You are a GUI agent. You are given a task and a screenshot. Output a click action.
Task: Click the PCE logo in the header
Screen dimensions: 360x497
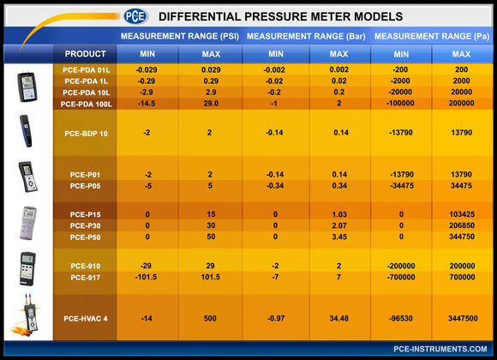(x=135, y=15)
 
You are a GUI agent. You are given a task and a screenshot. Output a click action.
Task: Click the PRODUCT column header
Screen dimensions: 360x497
(x=85, y=53)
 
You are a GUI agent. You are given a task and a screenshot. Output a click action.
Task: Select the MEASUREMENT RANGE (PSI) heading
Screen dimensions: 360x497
(x=180, y=37)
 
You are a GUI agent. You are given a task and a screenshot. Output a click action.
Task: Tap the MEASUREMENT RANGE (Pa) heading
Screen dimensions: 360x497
(x=432, y=37)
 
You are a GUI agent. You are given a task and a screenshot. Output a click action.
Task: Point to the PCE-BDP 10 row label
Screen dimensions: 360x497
(x=85, y=134)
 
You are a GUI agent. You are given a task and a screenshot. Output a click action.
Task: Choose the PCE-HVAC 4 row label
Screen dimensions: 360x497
(x=85, y=318)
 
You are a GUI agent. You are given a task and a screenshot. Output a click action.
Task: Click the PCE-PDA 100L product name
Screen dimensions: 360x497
(x=85, y=103)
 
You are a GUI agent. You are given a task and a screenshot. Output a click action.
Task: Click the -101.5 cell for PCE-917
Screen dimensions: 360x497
(x=147, y=277)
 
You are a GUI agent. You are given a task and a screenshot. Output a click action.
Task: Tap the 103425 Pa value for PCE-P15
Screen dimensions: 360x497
(x=461, y=214)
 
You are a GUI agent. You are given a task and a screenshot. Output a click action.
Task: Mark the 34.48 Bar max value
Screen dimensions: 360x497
(x=338, y=318)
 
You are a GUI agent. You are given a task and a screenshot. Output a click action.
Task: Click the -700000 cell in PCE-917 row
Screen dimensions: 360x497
(x=401, y=277)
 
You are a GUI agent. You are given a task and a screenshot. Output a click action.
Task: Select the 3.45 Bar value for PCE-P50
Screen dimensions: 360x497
(x=338, y=237)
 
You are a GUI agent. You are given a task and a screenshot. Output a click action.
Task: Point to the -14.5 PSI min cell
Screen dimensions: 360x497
(x=147, y=103)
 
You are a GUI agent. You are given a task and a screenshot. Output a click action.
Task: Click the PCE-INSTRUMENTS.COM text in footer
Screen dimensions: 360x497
(x=440, y=349)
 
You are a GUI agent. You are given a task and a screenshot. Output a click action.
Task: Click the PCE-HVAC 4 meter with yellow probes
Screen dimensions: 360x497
(x=26, y=317)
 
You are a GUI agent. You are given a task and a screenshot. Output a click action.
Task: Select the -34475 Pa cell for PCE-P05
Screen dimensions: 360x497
(x=401, y=185)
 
